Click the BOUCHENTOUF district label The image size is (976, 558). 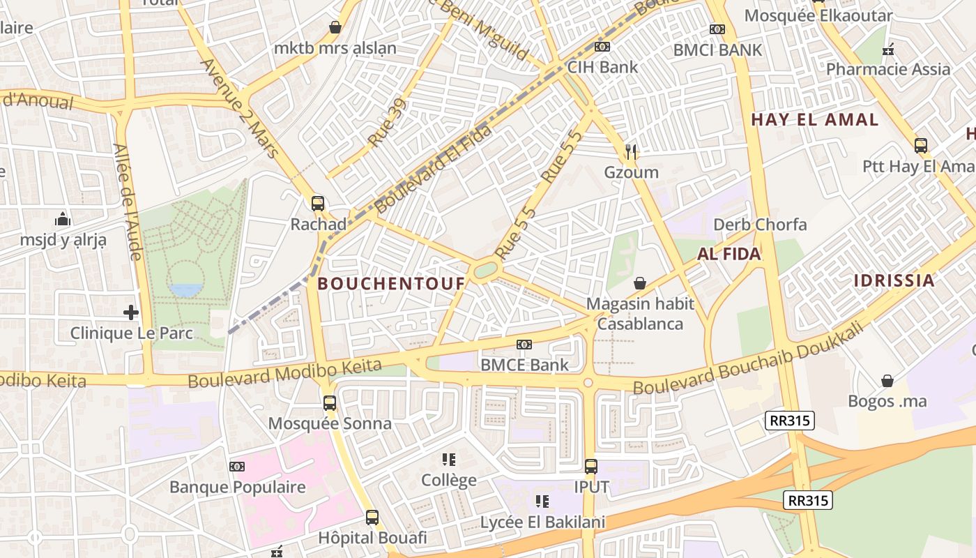pos(391,283)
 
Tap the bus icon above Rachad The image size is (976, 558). pos(318,204)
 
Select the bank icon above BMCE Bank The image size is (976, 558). pos(524,344)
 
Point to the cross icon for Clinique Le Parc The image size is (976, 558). pos(131,312)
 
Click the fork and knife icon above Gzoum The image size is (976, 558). pos(632,151)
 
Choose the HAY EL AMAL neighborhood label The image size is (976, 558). pos(814,119)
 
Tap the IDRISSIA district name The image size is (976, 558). pos(894,280)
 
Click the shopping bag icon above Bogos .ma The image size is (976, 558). pos(887,381)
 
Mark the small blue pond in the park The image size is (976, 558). pos(186,289)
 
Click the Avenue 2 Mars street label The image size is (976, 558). pos(239,107)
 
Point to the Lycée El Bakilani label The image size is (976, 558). pos(542,522)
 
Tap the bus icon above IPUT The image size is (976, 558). pos(591,467)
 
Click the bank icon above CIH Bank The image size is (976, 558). pos(602,47)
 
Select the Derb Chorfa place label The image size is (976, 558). pos(760,225)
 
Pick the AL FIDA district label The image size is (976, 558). pos(729,254)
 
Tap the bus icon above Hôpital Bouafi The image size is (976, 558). pos(372,518)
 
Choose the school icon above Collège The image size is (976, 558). pos(449,460)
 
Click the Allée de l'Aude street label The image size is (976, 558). pos(128,202)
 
